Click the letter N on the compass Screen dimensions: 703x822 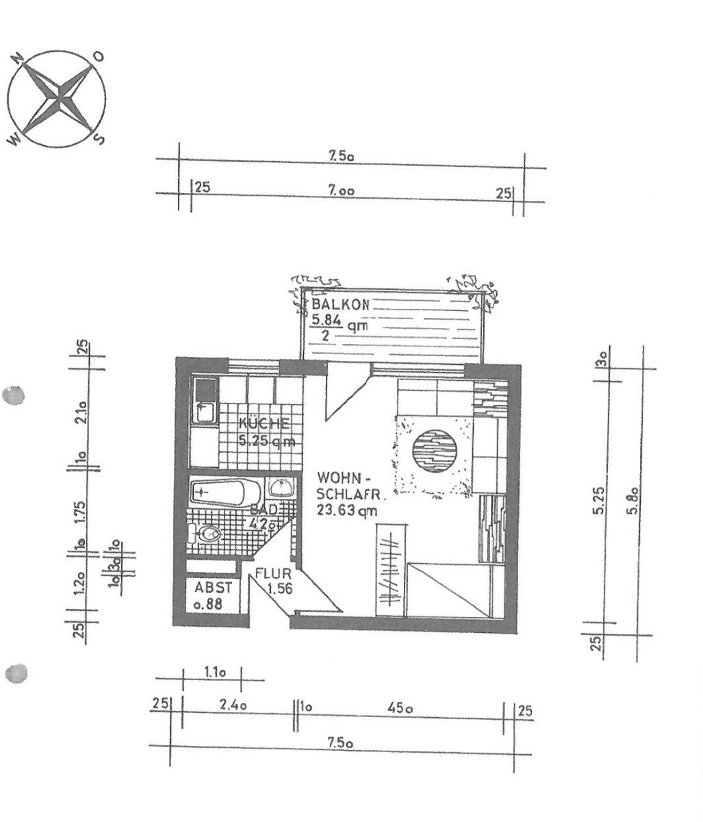[18, 60]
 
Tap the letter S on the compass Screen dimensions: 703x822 [99, 139]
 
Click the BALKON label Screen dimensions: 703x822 [340, 304]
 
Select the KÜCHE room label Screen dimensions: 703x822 [264, 423]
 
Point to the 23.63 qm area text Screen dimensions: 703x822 [346, 510]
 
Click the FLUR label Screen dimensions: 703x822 [273, 573]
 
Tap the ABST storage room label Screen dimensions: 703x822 [213, 587]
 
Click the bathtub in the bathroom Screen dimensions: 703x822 [226, 492]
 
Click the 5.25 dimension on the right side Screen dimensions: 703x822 [598, 500]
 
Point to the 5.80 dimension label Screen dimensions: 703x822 [632, 500]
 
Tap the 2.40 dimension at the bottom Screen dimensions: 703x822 [233, 705]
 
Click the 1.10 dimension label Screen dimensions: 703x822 [215, 673]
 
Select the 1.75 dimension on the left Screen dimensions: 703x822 [79, 514]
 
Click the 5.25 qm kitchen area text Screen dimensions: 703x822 [267, 440]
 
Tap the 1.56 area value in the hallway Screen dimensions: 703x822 [280, 588]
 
